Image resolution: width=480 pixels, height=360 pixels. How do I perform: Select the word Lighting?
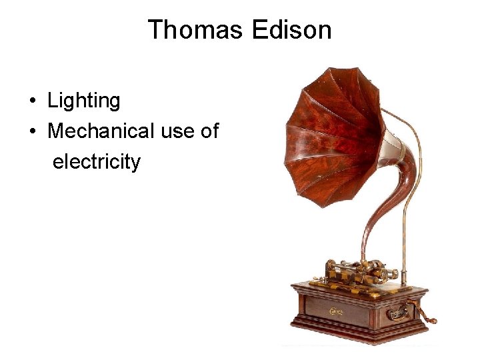tap(83, 101)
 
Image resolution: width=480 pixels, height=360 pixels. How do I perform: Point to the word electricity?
tap(96, 161)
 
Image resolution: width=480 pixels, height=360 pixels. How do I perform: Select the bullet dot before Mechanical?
tap(32, 132)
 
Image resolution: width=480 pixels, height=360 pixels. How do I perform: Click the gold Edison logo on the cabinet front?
tap(337, 310)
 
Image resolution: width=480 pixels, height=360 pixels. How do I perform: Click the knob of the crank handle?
tap(433, 321)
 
